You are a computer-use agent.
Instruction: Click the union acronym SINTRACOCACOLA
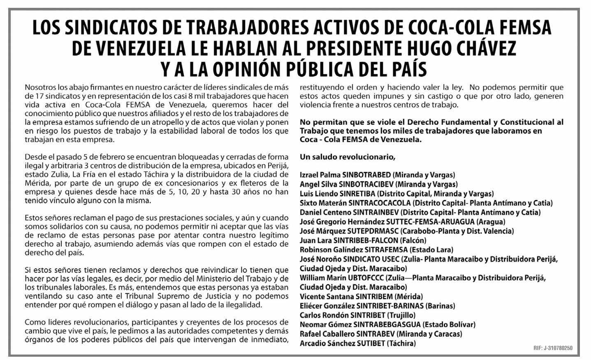click(x=379, y=203)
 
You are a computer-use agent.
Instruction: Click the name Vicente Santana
click(x=325, y=297)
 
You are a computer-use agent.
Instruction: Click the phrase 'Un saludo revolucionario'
click(x=348, y=157)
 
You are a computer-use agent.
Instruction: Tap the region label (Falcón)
click(x=413, y=240)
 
